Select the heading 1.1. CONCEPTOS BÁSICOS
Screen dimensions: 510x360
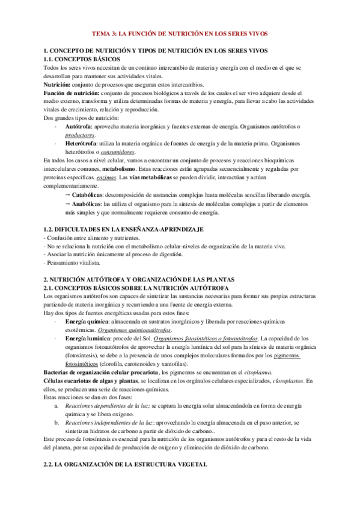click(x=82, y=60)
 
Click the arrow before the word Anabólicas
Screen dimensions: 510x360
click(x=66, y=205)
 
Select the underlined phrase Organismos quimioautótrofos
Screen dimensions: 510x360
click(x=135, y=331)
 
